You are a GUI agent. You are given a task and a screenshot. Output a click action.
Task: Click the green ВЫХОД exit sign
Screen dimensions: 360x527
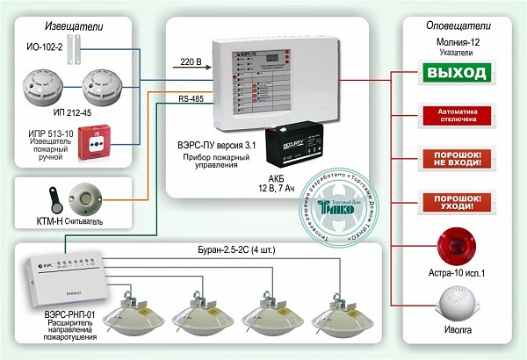[455, 72]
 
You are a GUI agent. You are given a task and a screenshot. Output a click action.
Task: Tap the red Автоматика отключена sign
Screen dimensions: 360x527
[455, 116]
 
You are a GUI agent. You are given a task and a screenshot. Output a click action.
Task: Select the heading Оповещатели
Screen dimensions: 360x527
[454, 24]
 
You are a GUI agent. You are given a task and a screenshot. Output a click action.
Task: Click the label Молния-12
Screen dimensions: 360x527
[454, 40]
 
